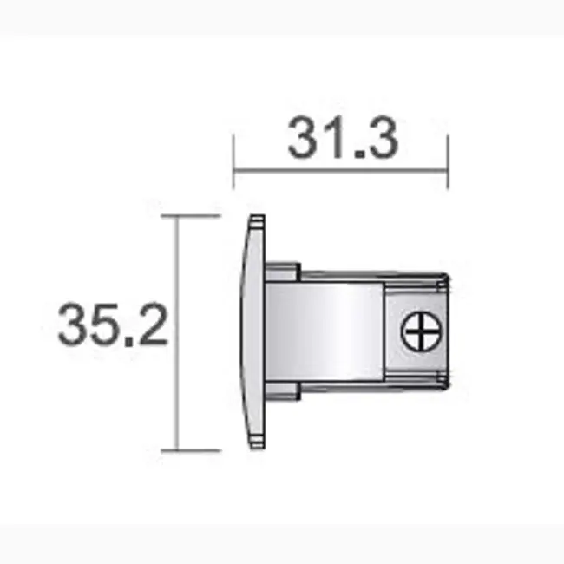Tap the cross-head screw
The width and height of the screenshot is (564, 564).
[x=420, y=331]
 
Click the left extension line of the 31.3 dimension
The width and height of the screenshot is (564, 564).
[x=233, y=161]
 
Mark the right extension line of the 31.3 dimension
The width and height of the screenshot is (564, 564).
[x=448, y=161]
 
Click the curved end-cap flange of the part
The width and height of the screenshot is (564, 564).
[x=251, y=332]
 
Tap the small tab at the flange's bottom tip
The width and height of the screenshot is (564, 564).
[x=256, y=443]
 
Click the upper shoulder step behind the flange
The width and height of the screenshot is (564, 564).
[x=282, y=271]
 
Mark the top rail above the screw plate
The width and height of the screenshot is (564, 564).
[x=416, y=283]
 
